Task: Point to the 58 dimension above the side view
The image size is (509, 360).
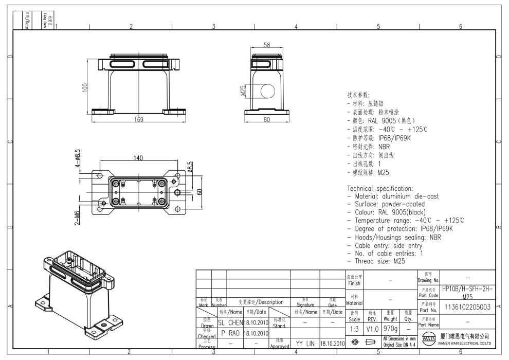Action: pyautogui.click(x=266, y=45)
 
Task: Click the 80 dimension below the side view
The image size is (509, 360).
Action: pyautogui.click(x=266, y=120)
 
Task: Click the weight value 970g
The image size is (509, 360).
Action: pyautogui.click(x=390, y=328)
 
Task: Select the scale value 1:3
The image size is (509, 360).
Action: pyautogui.click(x=355, y=328)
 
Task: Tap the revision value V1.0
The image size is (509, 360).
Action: pyautogui.click(x=373, y=328)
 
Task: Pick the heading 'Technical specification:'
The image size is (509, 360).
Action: pyautogui.click(x=380, y=188)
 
